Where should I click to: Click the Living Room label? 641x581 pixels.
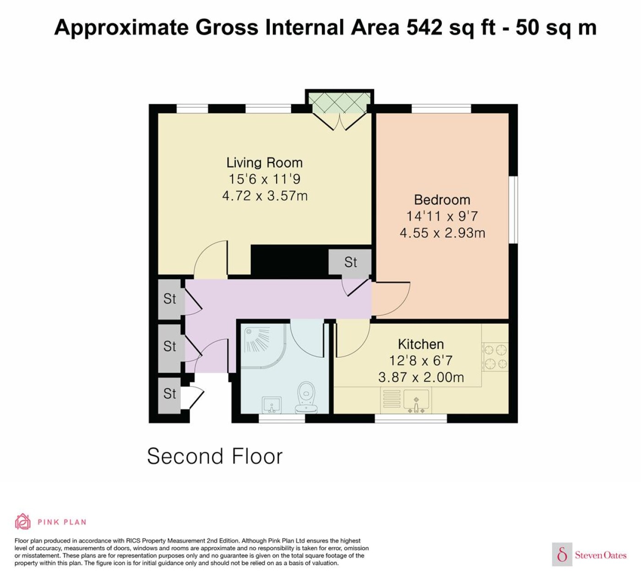pyautogui.click(x=264, y=163)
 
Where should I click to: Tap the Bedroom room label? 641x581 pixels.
pyautogui.click(x=442, y=200)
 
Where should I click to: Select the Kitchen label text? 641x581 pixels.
pyautogui.click(x=421, y=344)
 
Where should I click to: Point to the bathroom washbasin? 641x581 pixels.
pyautogui.click(x=272, y=405)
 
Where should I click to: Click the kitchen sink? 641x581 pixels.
pyautogui.click(x=416, y=400)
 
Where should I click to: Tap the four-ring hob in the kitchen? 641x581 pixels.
pyautogui.click(x=495, y=357)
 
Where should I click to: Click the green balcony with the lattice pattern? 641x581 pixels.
pyautogui.click(x=339, y=102)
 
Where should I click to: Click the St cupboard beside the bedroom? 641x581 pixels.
pyautogui.click(x=350, y=262)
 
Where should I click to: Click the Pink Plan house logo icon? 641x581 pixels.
pyautogui.click(x=23, y=522)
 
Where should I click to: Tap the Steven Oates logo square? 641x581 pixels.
pyautogui.click(x=562, y=555)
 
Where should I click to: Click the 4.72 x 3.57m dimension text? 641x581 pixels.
pyautogui.click(x=265, y=195)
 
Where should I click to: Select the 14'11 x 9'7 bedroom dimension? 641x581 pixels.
pyautogui.click(x=442, y=216)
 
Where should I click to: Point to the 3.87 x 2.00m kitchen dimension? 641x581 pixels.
pyautogui.click(x=421, y=377)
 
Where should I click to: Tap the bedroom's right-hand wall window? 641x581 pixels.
pyautogui.click(x=513, y=210)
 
